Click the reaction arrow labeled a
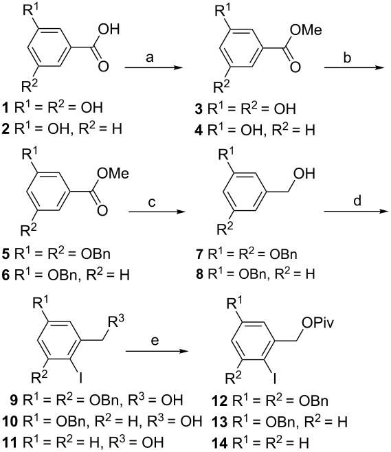coord(154,68)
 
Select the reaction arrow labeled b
coord(354,68)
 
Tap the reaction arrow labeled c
coord(157,212)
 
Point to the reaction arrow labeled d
coord(356,212)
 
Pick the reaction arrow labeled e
coord(156,352)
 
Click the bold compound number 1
coord(5,108)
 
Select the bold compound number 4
coord(199,130)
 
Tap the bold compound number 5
coord(5,254)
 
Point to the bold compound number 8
coord(199,274)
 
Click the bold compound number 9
coord(14,400)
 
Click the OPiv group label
coord(318,323)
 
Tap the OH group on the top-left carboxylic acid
coord(109,30)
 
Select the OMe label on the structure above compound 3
coord(306,30)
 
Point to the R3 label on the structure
coord(115,322)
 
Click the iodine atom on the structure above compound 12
coord(274,378)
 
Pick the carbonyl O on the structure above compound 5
coord(102,210)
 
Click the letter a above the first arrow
coord(149,58)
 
